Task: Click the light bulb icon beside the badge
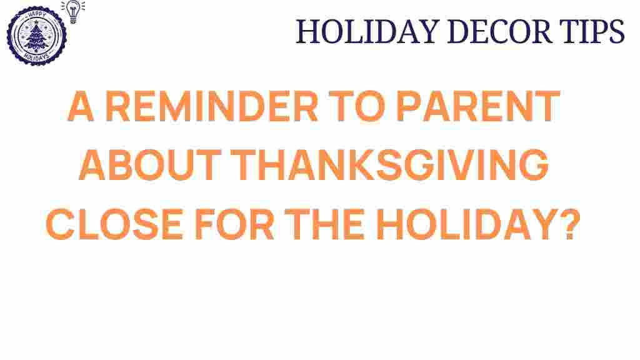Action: coord(72,11)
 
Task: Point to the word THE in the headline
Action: coord(327,226)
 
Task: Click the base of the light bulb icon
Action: coord(72,19)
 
